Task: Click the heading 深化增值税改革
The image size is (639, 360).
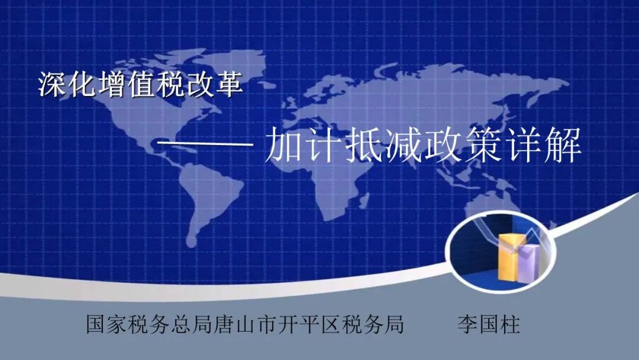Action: [x=141, y=85]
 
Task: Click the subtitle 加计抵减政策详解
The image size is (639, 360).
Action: [x=423, y=145]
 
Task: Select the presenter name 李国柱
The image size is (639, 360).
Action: [x=489, y=324]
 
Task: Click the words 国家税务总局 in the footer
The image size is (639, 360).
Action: [x=150, y=324]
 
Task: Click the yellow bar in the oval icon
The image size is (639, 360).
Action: [x=508, y=257]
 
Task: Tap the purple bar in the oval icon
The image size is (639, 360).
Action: [x=529, y=263]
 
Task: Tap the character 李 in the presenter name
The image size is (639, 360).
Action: [x=467, y=324]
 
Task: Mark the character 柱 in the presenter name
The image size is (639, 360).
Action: [x=510, y=324]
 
